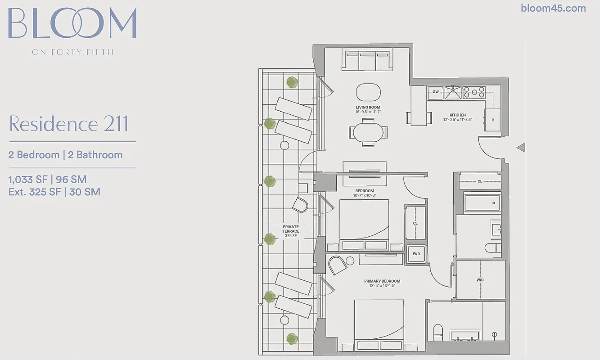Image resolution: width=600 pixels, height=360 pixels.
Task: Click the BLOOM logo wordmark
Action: click(x=72, y=23)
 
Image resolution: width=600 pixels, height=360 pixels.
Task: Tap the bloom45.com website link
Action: click(x=553, y=8)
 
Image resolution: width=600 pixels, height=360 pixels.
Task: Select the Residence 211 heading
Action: click(x=69, y=124)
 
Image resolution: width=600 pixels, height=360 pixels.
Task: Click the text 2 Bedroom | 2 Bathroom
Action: click(x=66, y=155)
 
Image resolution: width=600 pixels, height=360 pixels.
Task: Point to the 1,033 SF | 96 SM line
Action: click(x=48, y=180)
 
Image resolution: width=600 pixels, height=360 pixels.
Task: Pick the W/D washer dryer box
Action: click(x=416, y=254)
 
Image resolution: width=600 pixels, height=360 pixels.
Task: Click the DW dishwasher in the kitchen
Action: click(x=435, y=92)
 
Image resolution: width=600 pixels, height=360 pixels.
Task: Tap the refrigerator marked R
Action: click(x=492, y=120)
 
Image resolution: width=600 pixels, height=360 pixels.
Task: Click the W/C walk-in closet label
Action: click(x=480, y=279)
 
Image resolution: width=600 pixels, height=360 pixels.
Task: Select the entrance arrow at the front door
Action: click(x=521, y=147)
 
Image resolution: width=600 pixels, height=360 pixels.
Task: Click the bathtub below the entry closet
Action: click(x=482, y=203)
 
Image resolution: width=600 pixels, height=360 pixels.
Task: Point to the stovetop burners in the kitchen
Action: click(x=474, y=92)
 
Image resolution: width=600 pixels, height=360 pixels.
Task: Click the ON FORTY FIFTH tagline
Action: click(x=72, y=52)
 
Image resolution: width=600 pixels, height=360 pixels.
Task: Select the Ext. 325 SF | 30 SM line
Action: click(x=54, y=192)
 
